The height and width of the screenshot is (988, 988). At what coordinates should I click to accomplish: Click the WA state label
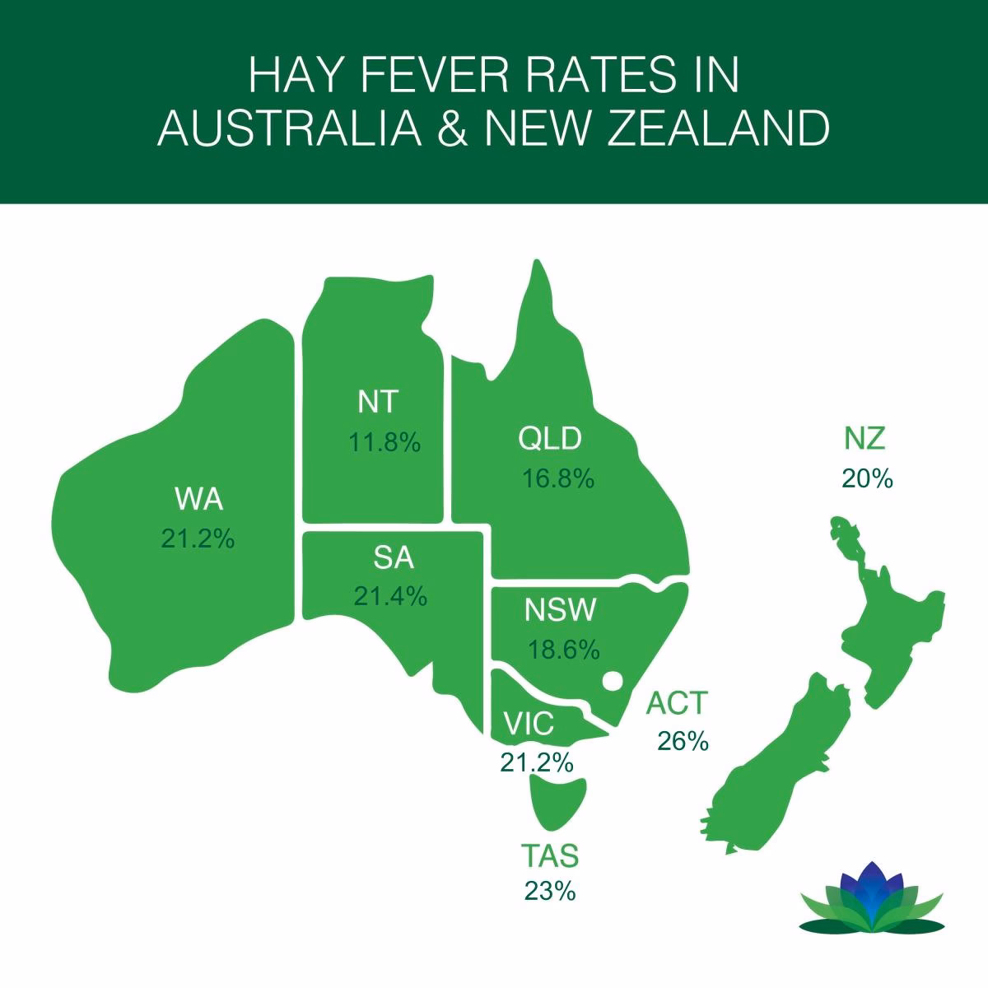198,500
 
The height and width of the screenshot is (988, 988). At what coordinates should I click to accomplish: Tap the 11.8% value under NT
384,443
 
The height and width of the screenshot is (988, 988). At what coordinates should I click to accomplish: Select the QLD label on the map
550,438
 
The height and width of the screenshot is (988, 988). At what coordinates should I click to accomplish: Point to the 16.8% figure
558,478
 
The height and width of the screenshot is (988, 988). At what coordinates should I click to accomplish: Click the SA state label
394,559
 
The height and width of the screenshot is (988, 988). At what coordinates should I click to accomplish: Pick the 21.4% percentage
390,596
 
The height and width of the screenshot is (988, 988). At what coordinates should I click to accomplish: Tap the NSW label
559,612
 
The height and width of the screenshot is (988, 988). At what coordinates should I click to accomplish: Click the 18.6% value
563,650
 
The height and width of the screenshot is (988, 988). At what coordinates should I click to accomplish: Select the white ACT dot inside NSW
612,682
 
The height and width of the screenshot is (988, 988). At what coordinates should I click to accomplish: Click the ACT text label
677,703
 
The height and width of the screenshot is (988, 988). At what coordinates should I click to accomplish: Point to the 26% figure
683,741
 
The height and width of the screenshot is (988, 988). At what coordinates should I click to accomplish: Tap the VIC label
529,725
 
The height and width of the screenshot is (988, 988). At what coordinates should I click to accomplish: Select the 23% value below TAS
549,891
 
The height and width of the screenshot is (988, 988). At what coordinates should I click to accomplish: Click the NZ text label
864,439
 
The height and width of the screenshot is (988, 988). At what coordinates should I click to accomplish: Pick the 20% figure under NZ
866,478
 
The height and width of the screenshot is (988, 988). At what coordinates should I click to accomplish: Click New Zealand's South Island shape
774,757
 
